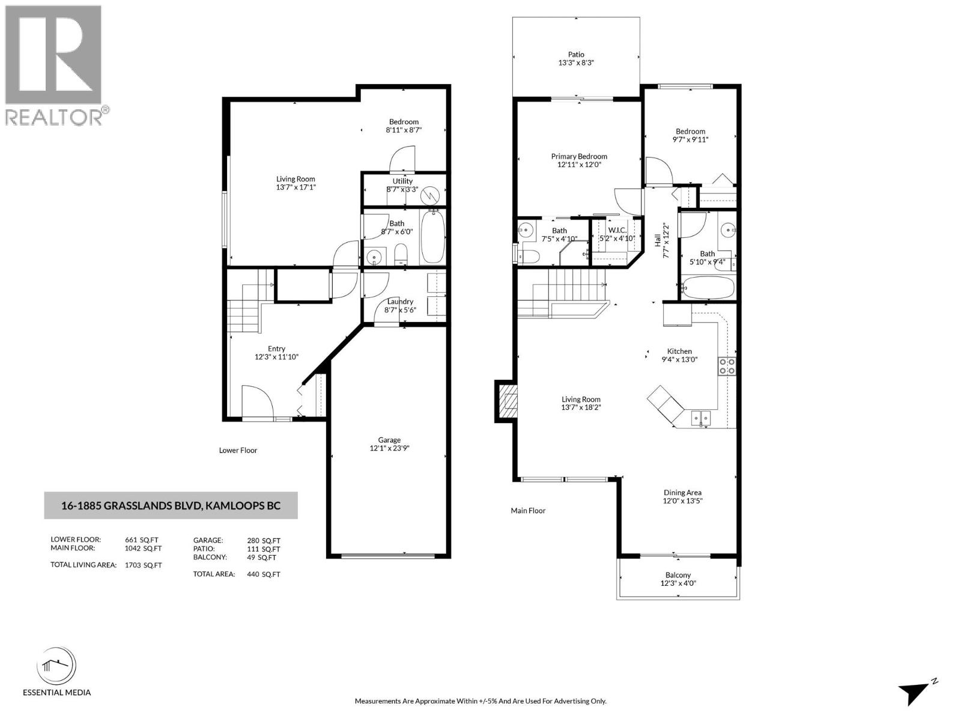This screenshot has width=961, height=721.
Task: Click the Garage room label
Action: [x=389, y=440]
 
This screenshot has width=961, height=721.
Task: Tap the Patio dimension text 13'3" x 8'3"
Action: [x=576, y=62]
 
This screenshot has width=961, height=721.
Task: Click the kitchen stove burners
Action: [x=727, y=367]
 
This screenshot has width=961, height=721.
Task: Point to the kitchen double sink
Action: [x=700, y=417]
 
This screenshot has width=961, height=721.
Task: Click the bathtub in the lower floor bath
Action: [x=432, y=237]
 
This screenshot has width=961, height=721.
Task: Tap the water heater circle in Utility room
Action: [x=431, y=195]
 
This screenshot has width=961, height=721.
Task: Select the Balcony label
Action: [x=678, y=575]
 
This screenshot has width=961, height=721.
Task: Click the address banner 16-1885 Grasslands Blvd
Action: [x=171, y=506]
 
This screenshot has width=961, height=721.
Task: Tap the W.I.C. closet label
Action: [x=617, y=230]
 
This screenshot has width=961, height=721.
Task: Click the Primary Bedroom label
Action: [x=579, y=156]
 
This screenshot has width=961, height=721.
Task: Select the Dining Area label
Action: [x=682, y=493]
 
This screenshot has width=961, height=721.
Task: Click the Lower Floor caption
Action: [x=238, y=450]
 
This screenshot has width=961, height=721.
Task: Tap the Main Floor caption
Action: [x=528, y=511]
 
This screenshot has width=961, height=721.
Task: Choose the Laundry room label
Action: [x=400, y=302]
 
